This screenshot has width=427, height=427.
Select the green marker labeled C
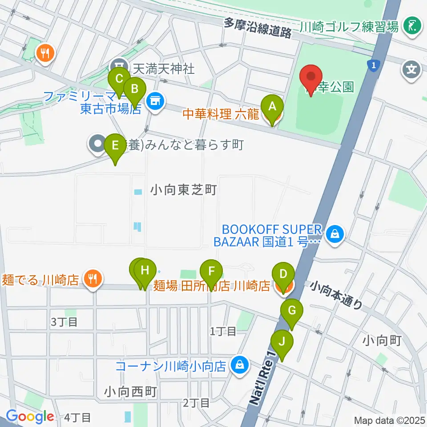[119, 80]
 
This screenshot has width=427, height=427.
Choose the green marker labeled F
[211, 272]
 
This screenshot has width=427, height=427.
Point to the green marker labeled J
[282, 342]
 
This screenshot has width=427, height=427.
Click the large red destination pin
[312, 77]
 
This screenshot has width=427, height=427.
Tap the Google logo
[30, 416]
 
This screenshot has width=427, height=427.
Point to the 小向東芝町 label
[183, 190]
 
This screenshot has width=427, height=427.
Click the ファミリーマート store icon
[154, 101]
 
